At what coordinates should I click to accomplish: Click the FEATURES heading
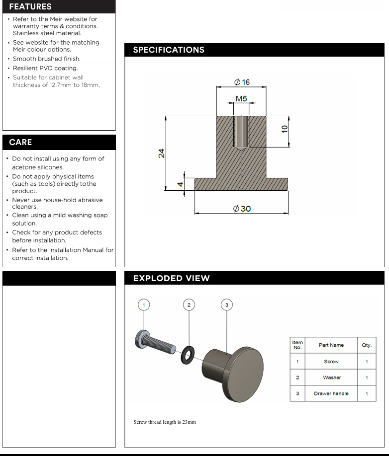point(30,6)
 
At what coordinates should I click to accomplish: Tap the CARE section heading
point(20,142)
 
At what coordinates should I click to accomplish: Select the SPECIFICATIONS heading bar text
point(169,50)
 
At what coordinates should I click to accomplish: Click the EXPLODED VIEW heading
point(171,278)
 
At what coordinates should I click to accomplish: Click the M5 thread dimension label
point(241,98)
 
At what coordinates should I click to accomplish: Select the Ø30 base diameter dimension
point(242,209)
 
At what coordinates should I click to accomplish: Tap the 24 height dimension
point(161,153)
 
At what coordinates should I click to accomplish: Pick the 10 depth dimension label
point(285,128)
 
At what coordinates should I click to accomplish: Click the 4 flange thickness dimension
point(181,184)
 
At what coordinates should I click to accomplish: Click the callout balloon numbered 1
point(144,304)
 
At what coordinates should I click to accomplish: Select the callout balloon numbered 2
point(189,304)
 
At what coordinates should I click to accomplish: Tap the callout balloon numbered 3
point(226,304)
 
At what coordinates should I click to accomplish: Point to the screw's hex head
point(140,340)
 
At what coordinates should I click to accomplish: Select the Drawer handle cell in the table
point(331,393)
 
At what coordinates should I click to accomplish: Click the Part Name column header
point(331,345)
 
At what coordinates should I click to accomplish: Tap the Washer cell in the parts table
point(331,378)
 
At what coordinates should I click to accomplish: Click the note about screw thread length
point(165,422)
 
